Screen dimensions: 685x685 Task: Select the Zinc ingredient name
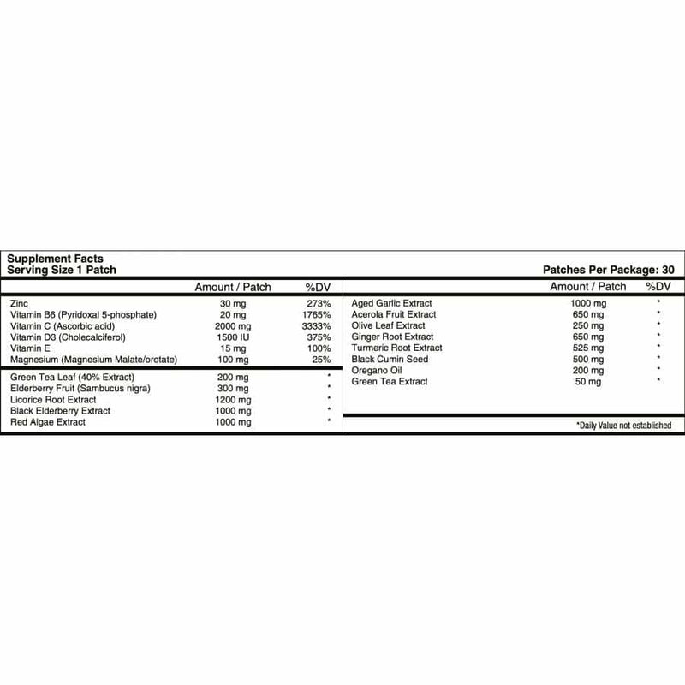[17, 304]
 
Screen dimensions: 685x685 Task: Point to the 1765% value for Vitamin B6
[316, 315]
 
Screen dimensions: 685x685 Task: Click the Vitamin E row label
[31, 348]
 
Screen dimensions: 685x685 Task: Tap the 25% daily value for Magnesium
[322, 360]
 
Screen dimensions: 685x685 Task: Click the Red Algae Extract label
[49, 422]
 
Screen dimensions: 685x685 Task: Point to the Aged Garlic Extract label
[392, 304]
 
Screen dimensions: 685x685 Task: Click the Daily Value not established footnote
[624, 426]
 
